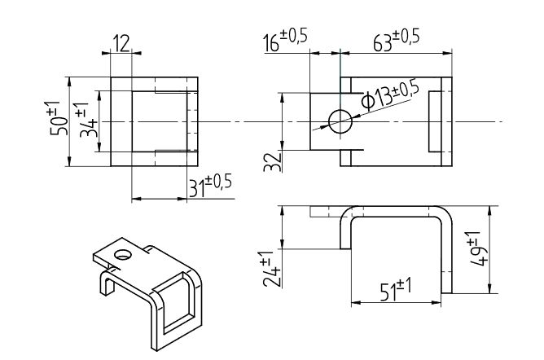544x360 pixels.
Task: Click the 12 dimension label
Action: click(x=121, y=43)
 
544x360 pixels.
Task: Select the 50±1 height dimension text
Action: click(x=55, y=118)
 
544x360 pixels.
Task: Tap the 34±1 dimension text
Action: click(x=85, y=120)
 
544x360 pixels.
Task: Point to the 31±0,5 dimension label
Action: click(x=210, y=187)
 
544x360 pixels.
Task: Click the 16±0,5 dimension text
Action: click(x=285, y=40)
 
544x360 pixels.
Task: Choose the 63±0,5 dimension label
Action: click(x=397, y=40)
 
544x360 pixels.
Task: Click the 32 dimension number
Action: click(x=272, y=161)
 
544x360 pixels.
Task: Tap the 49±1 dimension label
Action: click(x=478, y=248)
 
